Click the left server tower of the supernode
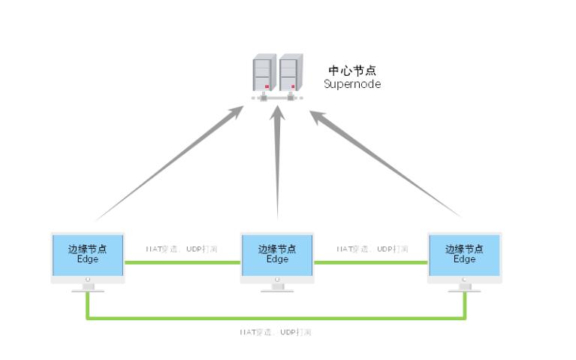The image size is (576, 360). tap(263, 74)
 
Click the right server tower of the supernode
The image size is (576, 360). tap(291, 74)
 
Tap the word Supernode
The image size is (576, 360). tap(352, 83)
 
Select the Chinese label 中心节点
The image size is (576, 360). tap(352, 71)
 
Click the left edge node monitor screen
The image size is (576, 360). tap(88, 256)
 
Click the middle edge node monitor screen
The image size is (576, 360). tap(277, 256)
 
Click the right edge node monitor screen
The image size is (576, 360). tap(464, 256)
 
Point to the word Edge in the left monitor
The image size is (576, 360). tap(88, 259)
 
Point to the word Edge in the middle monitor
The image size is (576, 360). tap(277, 259)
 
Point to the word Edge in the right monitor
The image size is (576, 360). tap(464, 259)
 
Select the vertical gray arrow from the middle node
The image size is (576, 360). tap(278, 165)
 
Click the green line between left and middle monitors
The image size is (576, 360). tap(182, 262)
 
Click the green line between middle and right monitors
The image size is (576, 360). tap(370, 262)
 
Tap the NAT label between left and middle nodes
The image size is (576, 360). tap(182, 249)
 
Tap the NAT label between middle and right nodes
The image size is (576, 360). tap(372, 249)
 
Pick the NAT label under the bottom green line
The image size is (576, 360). tap(275, 331)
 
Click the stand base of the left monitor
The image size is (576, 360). tap(88, 289)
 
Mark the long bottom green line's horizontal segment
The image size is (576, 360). tap(276, 318)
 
